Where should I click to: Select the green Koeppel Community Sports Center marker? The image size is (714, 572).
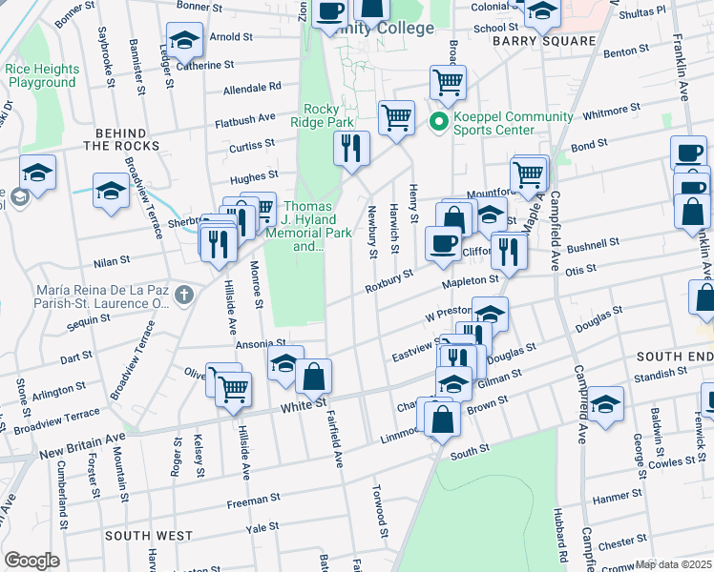[439, 122]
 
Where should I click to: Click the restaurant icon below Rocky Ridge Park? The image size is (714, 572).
[351, 147]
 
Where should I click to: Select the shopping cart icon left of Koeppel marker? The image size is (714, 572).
[396, 117]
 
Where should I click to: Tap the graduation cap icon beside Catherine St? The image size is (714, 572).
[184, 41]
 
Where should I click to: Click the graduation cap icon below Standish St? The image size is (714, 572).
[604, 403]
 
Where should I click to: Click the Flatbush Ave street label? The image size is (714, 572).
[244, 120]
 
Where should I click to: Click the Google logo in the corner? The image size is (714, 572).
[31, 560]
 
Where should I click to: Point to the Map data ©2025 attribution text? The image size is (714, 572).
[673, 564]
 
